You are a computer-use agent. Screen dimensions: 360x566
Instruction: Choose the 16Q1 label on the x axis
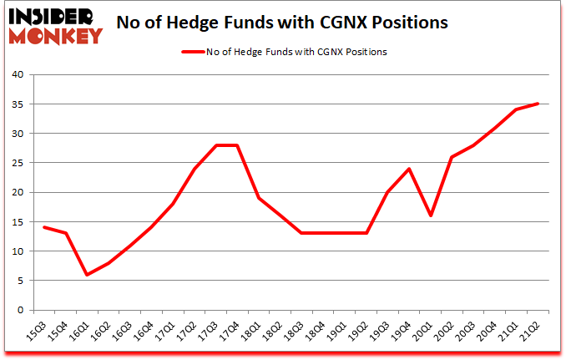(80, 332)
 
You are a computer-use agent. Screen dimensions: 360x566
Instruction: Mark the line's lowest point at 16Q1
(88, 275)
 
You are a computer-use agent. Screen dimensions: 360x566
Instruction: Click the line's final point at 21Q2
(538, 104)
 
